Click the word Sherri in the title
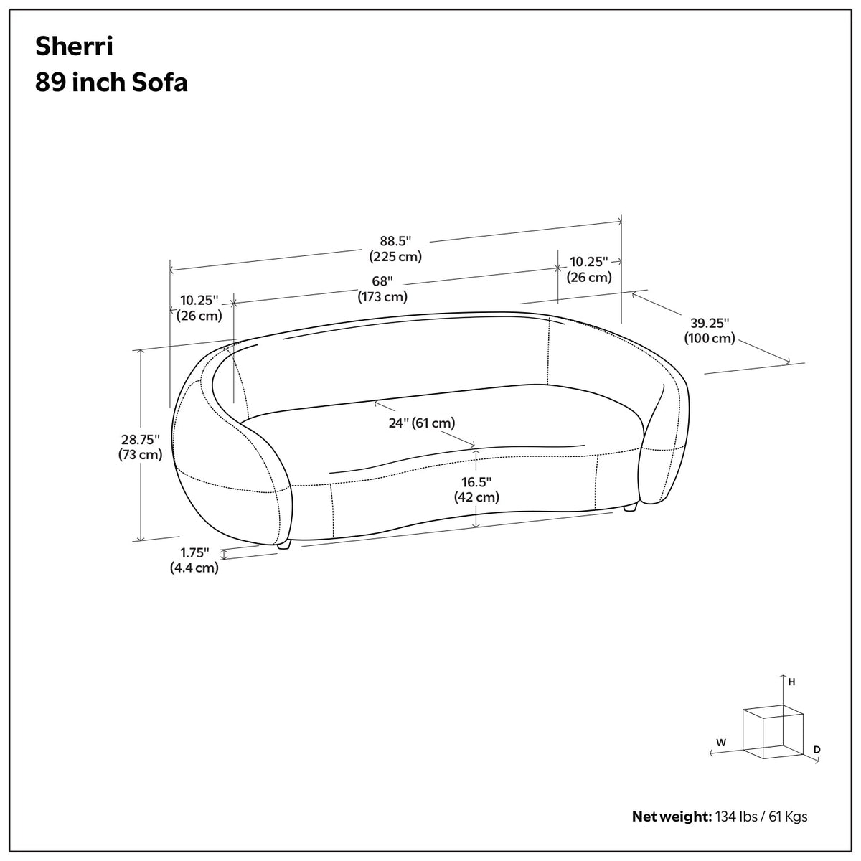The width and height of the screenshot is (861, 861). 74,46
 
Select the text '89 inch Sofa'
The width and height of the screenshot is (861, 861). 111,83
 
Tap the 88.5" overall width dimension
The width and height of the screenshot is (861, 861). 395,248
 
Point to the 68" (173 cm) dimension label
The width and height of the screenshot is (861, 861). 382,289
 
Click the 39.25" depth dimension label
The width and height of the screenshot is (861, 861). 710,330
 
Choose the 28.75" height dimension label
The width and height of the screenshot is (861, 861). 141,447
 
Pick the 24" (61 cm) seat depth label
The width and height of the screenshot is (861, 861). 422,423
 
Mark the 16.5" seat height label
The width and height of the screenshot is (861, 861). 476,489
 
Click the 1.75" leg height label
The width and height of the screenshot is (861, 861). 194,560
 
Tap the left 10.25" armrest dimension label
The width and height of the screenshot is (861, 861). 199,308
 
